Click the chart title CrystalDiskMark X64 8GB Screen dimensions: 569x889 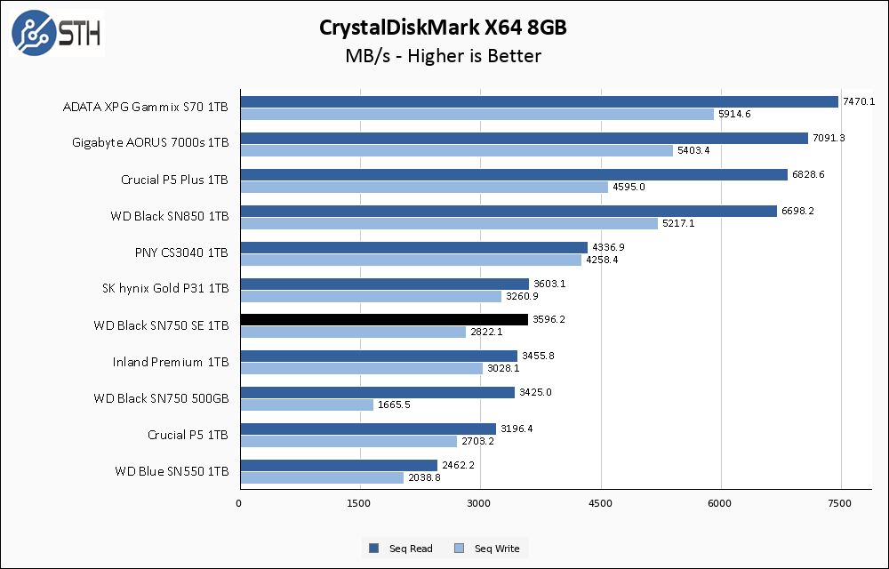[x=443, y=28]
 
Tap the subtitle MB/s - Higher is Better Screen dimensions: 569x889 [x=443, y=56]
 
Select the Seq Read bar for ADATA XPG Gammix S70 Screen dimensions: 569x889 [x=539, y=101]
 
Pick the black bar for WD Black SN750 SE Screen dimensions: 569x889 [x=384, y=319]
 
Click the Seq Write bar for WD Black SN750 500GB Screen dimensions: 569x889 [x=307, y=405]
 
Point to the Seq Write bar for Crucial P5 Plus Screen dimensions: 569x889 [x=424, y=187]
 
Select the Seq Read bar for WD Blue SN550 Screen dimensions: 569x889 [x=339, y=465]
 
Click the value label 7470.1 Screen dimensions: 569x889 [x=859, y=101]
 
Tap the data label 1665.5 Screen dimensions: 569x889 [x=394, y=405]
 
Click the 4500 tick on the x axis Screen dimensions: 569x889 [x=601, y=504]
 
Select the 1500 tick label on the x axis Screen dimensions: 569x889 [x=360, y=504]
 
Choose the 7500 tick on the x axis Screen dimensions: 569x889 [x=841, y=504]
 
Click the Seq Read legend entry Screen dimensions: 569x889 [x=402, y=549]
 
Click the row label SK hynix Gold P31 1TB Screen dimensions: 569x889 [x=165, y=288]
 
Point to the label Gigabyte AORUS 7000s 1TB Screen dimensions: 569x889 [x=150, y=142]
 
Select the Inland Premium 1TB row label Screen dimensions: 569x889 [x=171, y=362]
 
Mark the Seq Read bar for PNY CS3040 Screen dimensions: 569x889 [x=413, y=247]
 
